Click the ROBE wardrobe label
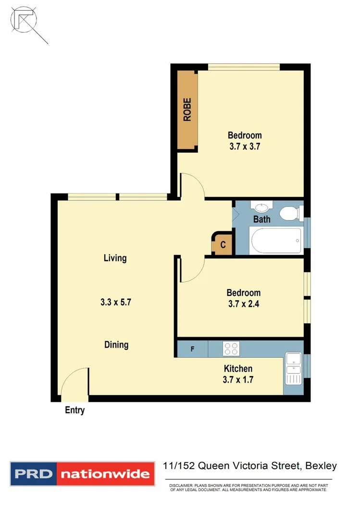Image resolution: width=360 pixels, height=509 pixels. click(x=187, y=109)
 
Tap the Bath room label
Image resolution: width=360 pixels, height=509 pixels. click(x=262, y=219)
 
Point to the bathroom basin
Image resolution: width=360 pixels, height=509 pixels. click(x=261, y=207)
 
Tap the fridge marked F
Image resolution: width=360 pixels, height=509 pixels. click(x=192, y=349)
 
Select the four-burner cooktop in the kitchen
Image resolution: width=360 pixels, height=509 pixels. click(x=231, y=348)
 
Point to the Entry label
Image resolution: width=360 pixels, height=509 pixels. click(x=74, y=411)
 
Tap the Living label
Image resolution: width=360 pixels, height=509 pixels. click(x=115, y=258)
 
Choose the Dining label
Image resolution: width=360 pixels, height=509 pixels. click(x=116, y=345)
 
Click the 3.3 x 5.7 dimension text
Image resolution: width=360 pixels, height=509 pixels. click(x=116, y=303)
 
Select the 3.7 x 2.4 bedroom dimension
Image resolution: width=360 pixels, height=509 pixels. click(x=244, y=304)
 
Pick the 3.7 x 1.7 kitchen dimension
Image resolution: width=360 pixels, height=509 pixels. click(x=238, y=380)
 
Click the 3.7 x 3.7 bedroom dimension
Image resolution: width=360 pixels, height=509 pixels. click(x=245, y=147)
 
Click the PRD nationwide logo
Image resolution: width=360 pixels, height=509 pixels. click(x=82, y=474)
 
